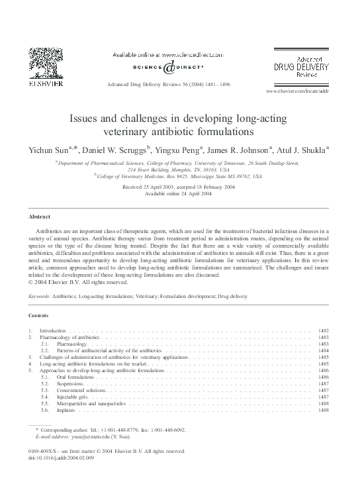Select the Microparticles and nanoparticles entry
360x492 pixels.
[x=90, y=403]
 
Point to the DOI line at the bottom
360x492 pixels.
[x=59, y=457]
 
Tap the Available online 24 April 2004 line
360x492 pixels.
[x=180, y=195]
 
